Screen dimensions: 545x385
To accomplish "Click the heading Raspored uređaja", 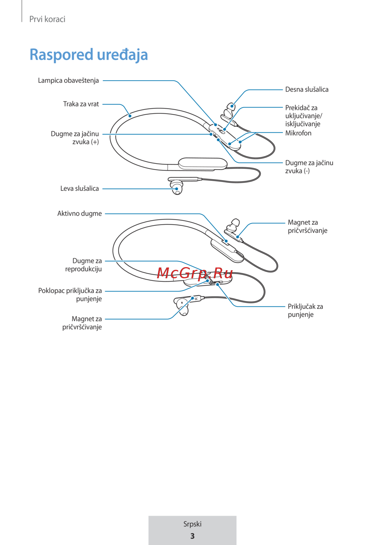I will (89, 55).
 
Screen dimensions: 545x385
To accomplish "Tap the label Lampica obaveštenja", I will (68, 81).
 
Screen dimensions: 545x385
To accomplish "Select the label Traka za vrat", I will (81, 104).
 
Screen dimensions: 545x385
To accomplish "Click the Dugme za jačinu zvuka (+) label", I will (75, 138).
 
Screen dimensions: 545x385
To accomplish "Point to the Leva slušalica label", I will (79, 188).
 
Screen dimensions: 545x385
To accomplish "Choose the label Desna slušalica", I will (306, 89).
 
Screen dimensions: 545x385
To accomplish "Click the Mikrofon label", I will (298, 133).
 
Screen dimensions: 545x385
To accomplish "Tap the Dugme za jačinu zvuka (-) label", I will (309, 167).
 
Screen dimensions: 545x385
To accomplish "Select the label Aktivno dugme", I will (79, 214).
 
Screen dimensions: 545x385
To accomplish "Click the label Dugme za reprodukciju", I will (84, 265).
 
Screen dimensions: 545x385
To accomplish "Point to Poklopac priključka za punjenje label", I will (70, 294).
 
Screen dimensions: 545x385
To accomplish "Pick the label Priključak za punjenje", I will (305, 310).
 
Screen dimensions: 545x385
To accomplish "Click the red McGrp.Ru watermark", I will (195, 273).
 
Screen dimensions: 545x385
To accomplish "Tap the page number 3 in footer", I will (192, 536).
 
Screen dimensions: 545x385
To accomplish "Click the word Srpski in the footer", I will (192, 524).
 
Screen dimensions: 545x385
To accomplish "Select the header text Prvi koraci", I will (47, 19).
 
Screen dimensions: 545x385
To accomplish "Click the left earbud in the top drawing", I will (177, 187).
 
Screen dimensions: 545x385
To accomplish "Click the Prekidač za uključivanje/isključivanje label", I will (303, 116).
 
